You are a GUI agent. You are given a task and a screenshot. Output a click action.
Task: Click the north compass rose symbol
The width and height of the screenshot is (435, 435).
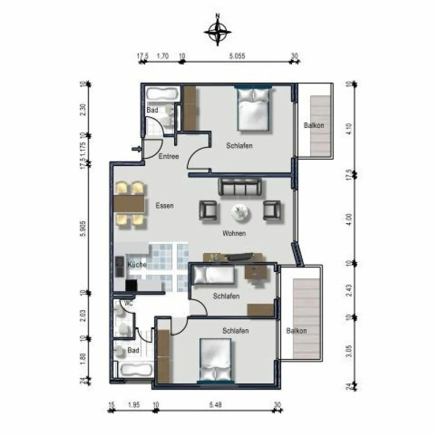[217, 31]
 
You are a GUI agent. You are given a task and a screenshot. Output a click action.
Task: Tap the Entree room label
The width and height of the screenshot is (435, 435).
[169, 156]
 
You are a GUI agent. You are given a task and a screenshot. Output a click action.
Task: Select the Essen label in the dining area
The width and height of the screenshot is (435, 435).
[164, 206]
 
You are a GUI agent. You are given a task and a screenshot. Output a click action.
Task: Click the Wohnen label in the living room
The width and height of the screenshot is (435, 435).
[234, 233]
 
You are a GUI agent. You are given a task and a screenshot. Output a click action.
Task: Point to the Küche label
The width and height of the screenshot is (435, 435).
[137, 265]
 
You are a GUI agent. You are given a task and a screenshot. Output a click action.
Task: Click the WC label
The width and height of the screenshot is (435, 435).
[128, 304]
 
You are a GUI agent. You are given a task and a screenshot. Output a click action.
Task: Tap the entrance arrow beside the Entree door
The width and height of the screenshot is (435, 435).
[137, 149]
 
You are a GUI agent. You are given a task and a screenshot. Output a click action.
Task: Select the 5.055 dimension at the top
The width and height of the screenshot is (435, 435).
[237, 56]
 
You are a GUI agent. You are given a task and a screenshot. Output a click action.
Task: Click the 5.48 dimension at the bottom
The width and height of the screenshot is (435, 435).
[215, 405]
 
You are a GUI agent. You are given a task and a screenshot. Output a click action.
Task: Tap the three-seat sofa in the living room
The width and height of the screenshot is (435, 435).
[240, 187]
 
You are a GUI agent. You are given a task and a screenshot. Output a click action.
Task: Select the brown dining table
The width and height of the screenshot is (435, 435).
[130, 204]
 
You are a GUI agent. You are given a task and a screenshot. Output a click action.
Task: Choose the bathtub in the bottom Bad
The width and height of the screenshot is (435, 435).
[135, 370]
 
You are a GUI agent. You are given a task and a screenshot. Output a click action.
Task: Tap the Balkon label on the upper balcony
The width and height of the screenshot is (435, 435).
[314, 125]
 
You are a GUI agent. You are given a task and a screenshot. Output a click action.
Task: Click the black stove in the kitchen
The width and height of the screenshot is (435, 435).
[131, 285]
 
